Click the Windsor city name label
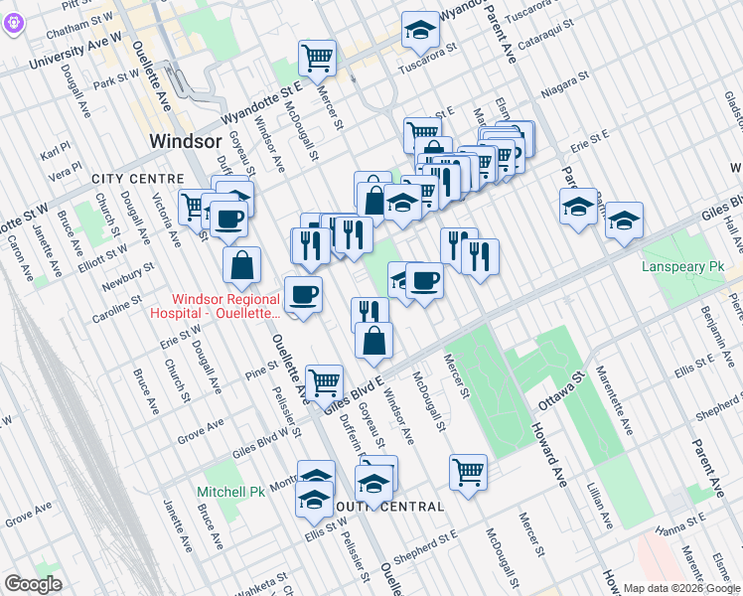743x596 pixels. click(185, 141)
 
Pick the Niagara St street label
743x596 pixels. click(565, 90)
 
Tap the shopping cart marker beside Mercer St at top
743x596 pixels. click(317, 57)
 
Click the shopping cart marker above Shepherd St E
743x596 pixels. click(468, 472)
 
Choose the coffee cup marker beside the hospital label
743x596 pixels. click(303, 294)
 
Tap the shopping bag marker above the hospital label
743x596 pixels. click(241, 264)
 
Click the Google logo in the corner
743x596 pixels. click(33, 584)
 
